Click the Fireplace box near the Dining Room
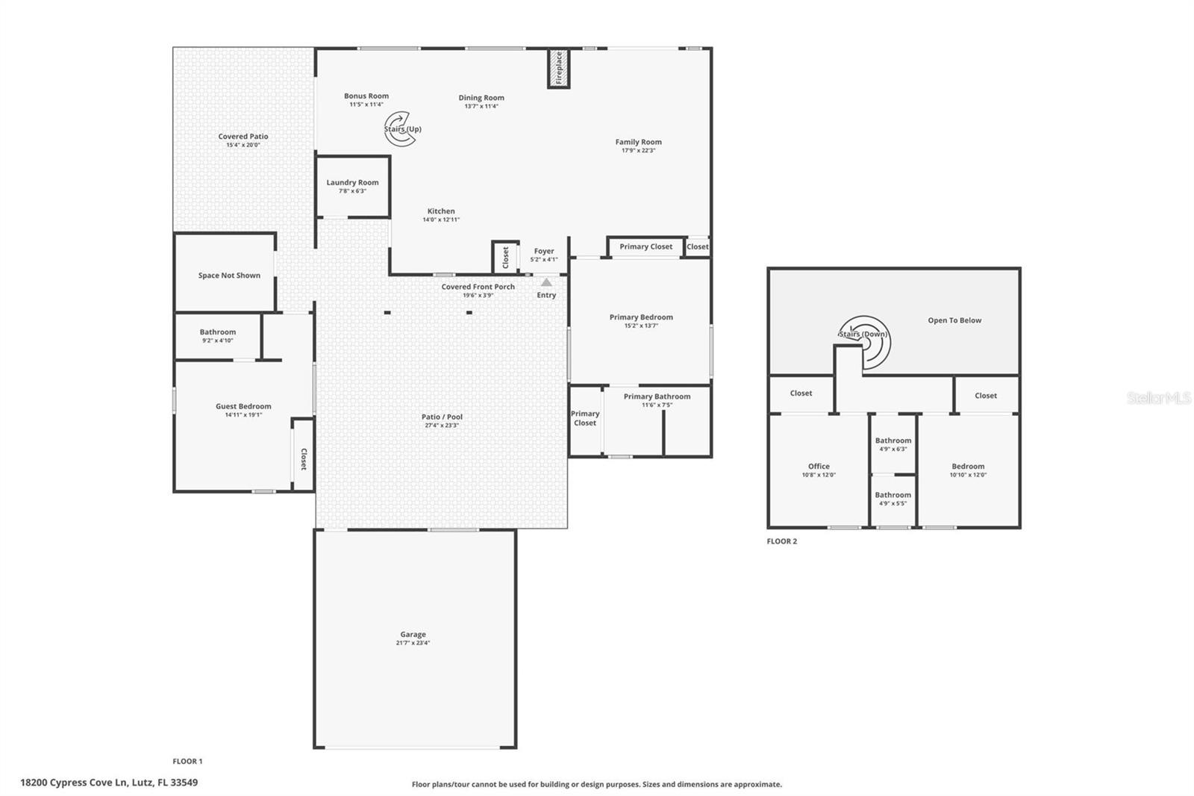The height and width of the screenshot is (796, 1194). click(x=558, y=68)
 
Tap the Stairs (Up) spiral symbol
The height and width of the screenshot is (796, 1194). click(x=400, y=128)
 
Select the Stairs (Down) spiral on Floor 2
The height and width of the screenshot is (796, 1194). click(x=866, y=341)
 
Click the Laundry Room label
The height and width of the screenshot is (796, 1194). click(x=352, y=182)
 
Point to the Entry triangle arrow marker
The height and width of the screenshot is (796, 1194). click(x=546, y=282)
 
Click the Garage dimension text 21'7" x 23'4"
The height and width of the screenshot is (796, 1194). click(x=413, y=643)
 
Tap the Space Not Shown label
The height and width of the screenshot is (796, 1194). click(x=229, y=276)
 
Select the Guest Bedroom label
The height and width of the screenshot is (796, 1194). click(x=243, y=406)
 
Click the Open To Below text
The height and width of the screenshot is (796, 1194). click(x=954, y=320)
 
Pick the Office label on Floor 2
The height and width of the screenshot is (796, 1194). click(x=819, y=466)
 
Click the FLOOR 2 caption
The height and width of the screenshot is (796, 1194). click(x=781, y=541)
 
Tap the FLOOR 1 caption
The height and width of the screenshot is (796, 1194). click(x=187, y=762)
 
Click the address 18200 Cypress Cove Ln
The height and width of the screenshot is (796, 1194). click(x=109, y=783)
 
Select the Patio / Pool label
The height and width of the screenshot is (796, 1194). click(x=442, y=417)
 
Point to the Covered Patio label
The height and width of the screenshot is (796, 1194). click(x=243, y=137)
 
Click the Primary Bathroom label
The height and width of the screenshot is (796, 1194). click(x=657, y=397)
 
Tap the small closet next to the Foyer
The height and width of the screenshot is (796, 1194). click(x=505, y=257)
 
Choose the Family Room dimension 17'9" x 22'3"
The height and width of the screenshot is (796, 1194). click(x=638, y=151)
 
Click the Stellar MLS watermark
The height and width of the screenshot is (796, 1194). click(x=1159, y=398)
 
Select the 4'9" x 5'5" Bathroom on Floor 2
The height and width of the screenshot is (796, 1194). click(x=893, y=499)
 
